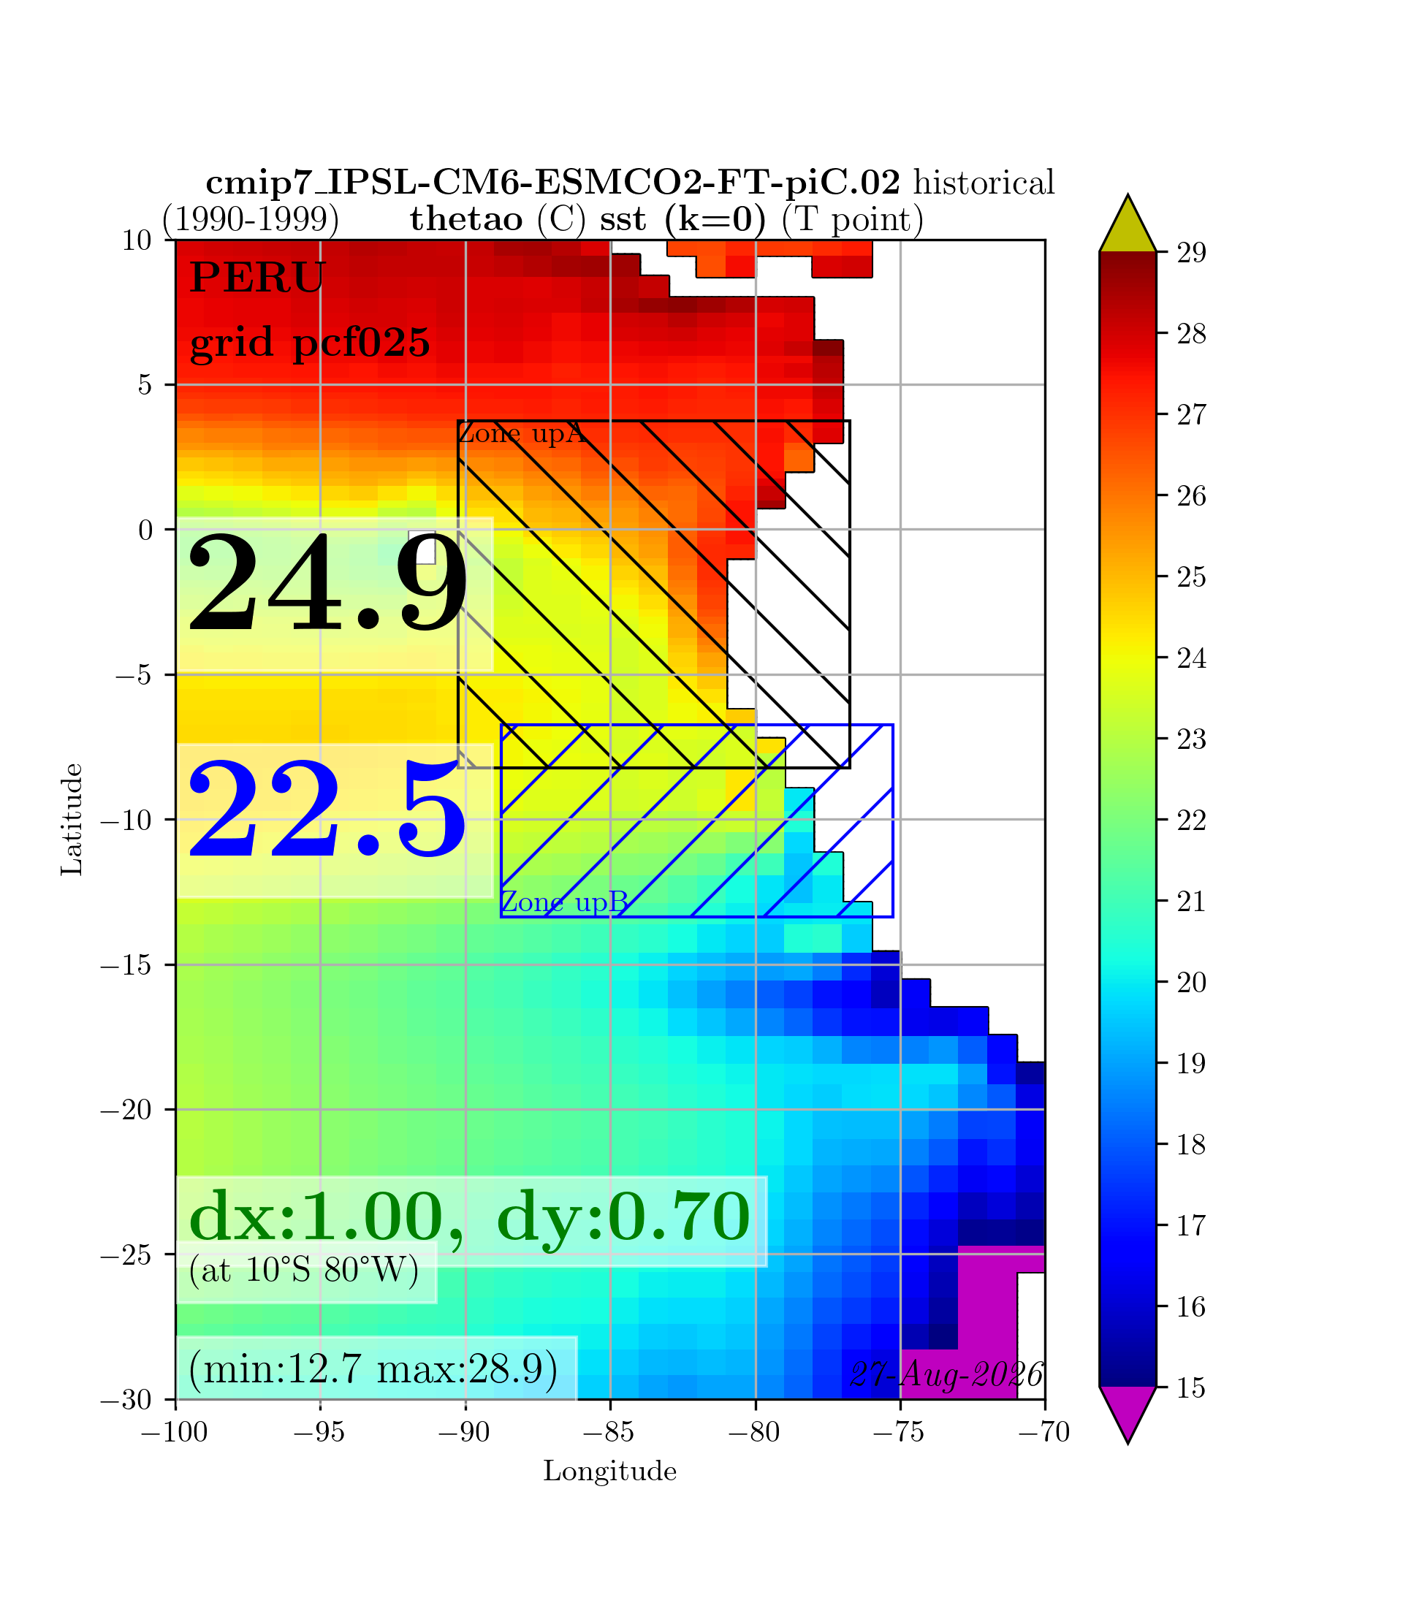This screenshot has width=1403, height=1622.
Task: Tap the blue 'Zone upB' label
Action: tap(564, 902)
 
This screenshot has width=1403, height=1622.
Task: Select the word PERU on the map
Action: tap(257, 278)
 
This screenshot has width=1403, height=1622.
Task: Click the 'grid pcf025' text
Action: tap(310, 343)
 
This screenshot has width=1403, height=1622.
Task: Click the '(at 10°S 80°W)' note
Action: tap(305, 1270)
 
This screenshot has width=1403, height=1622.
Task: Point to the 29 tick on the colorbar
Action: tap(1192, 253)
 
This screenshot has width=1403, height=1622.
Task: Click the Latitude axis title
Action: tap(72, 819)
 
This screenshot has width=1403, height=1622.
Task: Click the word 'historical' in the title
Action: tap(984, 183)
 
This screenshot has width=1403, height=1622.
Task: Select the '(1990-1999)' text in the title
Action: tap(251, 220)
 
